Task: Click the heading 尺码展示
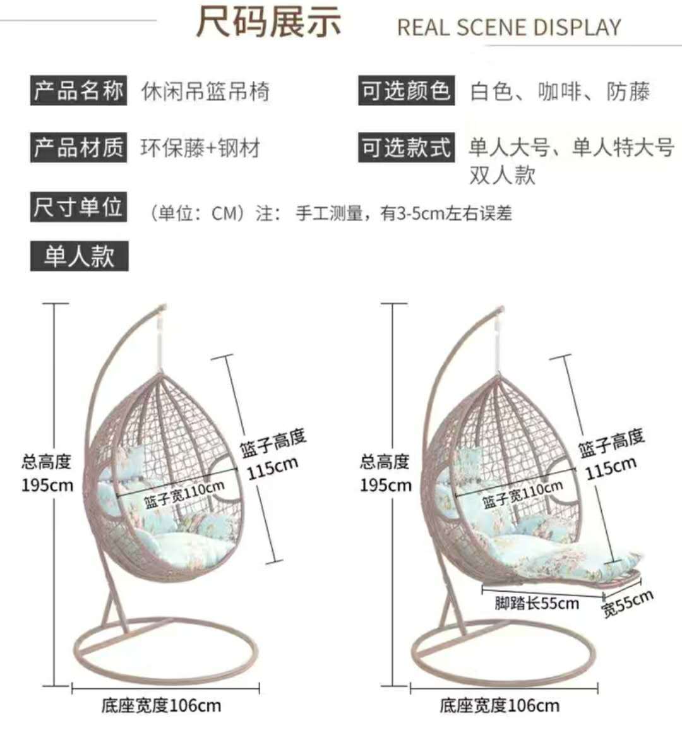(268, 23)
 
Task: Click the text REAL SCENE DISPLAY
(509, 28)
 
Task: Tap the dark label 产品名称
(78, 91)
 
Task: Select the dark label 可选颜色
(405, 91)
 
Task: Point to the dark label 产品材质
(78, 148)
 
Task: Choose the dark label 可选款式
(405, 148)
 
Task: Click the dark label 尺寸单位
(78, 207)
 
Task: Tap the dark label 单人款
(79, 256)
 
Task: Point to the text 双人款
(502, 175)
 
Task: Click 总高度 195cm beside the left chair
(47, 473)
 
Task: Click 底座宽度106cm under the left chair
(161, 705)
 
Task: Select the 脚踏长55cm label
(537, 603)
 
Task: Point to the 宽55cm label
(627, 602)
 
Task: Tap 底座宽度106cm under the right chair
(500, 705)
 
